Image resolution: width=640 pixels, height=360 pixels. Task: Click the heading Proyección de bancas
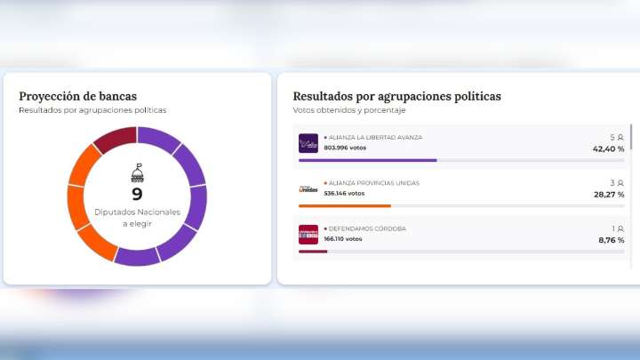pyautogui.click(x=78, y=96)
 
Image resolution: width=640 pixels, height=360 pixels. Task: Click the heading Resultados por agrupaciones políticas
pyautogui.click(x=396, y=96)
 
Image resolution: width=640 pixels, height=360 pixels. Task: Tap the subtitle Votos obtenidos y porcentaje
pyautogui.click(x=348, y=110)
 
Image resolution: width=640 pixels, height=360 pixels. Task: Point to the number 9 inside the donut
pyautogui.click(x=137, y=194)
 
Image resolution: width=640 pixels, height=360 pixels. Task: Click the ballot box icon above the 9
pyautogui.click(x=137, y=172)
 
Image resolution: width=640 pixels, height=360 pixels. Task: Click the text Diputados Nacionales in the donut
pyautogui.click(x=137, y=212)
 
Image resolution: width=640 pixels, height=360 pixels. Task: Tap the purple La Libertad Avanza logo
pyautogui.click(x=308, y=143)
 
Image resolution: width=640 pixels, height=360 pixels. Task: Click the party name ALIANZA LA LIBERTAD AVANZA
pyautogui.click(x=375, y=138)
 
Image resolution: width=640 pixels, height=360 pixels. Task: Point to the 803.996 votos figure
pyautogui.click(x=344, y=148)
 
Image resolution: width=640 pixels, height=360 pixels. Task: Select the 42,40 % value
pyautogui.click(x=609, y=149)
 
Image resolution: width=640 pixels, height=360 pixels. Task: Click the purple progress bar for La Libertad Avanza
pyautogui.click(x=367, y=160)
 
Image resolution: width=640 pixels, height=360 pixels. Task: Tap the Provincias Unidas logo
pyautogui.click(x=308, y=188)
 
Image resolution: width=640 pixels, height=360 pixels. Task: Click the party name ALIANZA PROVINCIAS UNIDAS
pyautogui.click(x=373, y=183)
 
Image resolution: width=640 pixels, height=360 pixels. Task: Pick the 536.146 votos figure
pyautogui.click(x=344, y=193)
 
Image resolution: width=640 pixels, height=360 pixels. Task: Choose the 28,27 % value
pyautogui.click(x=609, y=195)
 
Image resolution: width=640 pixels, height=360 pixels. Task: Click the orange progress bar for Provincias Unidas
pyautogui.click(x=345, y=206)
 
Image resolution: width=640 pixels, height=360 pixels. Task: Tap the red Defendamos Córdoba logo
pyautogui.click(x=308, y=234)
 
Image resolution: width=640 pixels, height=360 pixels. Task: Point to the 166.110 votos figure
pyautogui.click(x=342, y=238)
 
